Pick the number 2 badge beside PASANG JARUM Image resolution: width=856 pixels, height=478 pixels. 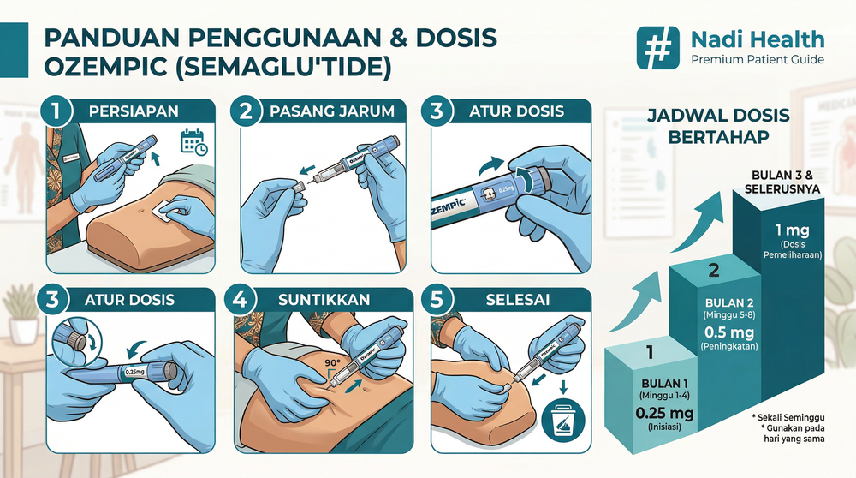tap(246, 111)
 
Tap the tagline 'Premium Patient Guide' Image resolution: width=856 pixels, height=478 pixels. tap(757, 59)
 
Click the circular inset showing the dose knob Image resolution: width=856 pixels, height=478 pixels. tap(74, 340)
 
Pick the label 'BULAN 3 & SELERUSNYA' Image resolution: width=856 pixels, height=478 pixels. tap(785, 182)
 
